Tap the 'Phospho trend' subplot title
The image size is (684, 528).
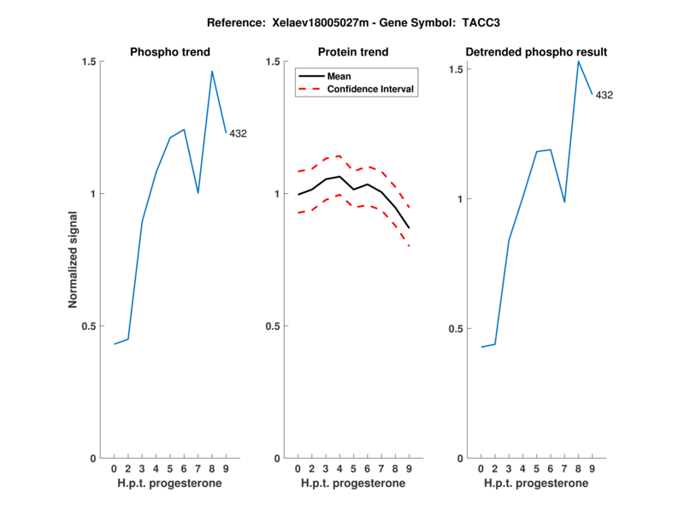[169, 52]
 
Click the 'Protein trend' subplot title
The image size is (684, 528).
[352, 52]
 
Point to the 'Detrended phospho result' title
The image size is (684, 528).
[536, 52]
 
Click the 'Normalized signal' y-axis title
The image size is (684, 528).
[74, 260]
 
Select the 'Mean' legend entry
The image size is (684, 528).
[339, 76]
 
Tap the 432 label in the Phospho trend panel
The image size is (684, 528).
[238, 133]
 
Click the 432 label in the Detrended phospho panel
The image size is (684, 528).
[604, 95]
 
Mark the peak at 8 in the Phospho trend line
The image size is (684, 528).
[212, 71]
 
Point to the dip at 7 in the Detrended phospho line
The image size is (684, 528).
[564, 202]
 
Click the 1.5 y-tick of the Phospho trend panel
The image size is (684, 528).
[89, 62]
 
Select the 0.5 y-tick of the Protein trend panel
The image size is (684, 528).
[273, 326]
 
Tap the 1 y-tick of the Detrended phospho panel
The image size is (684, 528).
[460, 200]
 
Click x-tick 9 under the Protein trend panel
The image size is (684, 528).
[409, 469]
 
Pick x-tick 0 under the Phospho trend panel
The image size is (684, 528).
[114, 469]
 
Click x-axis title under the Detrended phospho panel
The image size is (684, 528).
[536, 484]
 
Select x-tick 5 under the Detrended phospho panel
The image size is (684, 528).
[537, 469]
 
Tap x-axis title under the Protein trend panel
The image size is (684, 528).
[352, 484]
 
